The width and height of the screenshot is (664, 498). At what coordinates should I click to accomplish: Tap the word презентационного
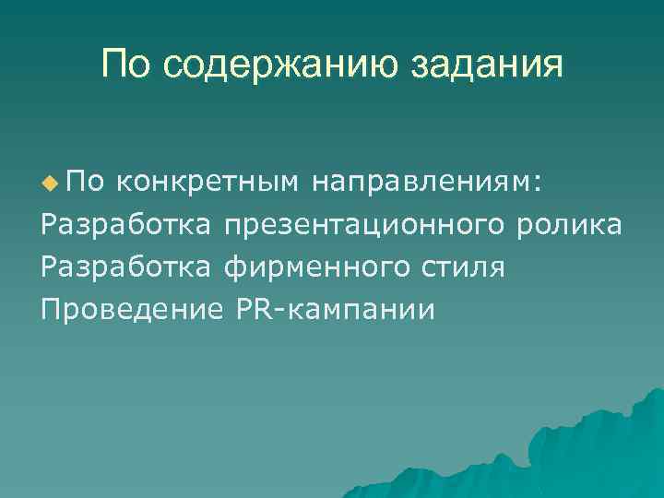(364, 225)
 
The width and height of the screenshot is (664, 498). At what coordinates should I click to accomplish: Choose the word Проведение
(126, 310)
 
